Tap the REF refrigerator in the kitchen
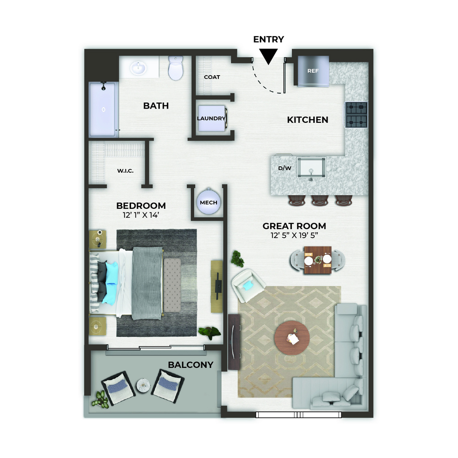(x=313, y=71)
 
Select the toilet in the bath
(x=175, y=68)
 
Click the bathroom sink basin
(x=138, y=68)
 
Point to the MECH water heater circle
(x=208, y=202)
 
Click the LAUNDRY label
(x=211, y=118)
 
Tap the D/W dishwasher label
(x=284, y=168)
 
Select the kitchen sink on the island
(x=311, y=168)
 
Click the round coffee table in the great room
(x=292, y=338)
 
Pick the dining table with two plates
(x=318, y=260)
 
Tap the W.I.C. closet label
(x=125, y=171)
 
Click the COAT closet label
(x=212, y=77)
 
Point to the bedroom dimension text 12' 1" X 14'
(x=141, y=215)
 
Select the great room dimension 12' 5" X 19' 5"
(x=294, y=235)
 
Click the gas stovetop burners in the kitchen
(x=356, y=115)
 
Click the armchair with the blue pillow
(x=248, y=285)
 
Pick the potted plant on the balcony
(x=101, y=399)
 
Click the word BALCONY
(x=191, y=365)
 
